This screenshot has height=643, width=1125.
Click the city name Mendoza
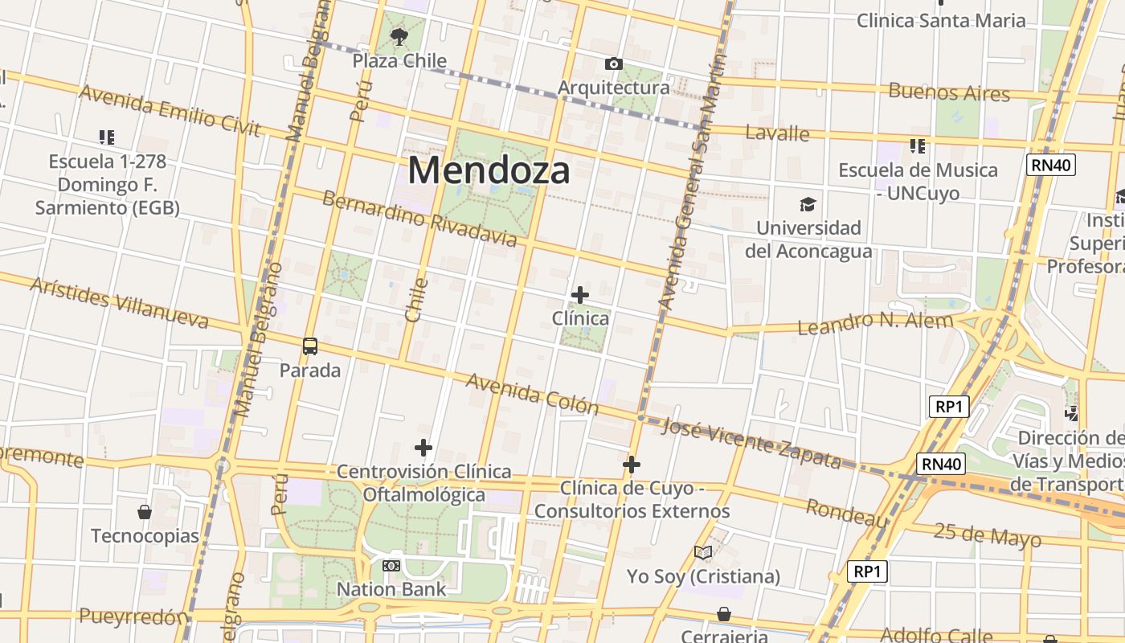point(489,170)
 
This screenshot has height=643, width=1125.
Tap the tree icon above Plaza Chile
point(399,36)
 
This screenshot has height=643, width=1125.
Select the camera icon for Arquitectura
point(614,64)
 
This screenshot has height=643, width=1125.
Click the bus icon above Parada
point(310,346)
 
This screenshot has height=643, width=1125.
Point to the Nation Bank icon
point(391,566)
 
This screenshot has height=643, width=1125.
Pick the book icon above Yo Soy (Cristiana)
point(703,553)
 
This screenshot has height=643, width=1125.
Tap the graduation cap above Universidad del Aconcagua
point(808,205)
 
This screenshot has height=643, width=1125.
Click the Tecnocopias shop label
point(145,535)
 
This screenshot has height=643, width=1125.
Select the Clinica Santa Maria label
point(941,20)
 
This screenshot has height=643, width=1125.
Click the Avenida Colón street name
point(532,392)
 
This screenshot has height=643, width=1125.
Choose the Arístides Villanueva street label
point(120,302)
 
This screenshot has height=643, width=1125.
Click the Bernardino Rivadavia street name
point(419,219)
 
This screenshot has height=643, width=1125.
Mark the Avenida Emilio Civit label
point(170,111)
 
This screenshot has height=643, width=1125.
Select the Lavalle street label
point(777,133)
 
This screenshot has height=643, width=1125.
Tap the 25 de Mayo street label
point(988,534)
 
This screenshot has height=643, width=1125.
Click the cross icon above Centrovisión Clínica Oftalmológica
point(423,448)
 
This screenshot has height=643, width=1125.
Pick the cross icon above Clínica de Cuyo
point(632,465)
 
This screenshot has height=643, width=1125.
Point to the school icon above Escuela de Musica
point(917,146)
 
